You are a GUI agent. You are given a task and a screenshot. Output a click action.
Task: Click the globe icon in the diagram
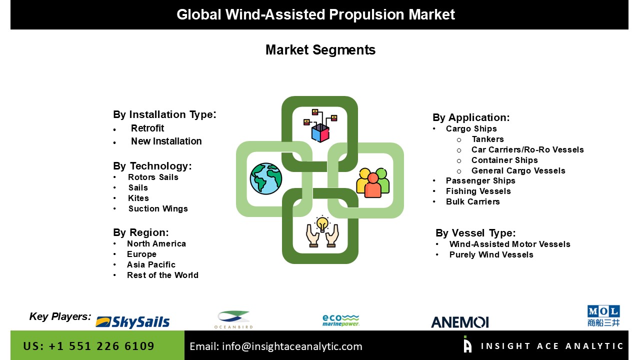(265, 179)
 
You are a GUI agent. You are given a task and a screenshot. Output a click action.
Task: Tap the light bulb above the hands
(322, 223)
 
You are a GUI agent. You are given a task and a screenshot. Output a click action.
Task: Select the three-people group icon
(372, 183)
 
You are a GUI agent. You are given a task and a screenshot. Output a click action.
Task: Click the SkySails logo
(132, 322)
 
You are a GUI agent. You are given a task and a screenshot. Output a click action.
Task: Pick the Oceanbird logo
(233, 319)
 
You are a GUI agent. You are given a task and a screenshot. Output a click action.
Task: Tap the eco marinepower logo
(341, 320)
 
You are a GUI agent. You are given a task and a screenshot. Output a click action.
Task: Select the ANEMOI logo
(459, 322)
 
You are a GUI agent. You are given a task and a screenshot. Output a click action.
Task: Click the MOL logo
(603, 315)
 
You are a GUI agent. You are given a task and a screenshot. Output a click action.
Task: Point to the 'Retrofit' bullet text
(147, 128)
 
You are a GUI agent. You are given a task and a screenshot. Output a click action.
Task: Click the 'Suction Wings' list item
(158, 208)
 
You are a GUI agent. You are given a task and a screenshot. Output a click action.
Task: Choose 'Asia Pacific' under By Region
(151, 264)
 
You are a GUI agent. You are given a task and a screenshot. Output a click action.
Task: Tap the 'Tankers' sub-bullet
(487, 139)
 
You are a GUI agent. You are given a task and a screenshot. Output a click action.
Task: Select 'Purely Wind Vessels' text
(491, 254)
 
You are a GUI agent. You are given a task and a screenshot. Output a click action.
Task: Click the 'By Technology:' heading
(152, 166)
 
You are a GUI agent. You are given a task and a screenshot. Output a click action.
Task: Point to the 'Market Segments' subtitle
(320, 50)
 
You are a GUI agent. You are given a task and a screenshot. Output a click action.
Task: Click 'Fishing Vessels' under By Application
(478, 191)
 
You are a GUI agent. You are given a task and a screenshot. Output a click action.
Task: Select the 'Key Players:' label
(60, 316)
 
